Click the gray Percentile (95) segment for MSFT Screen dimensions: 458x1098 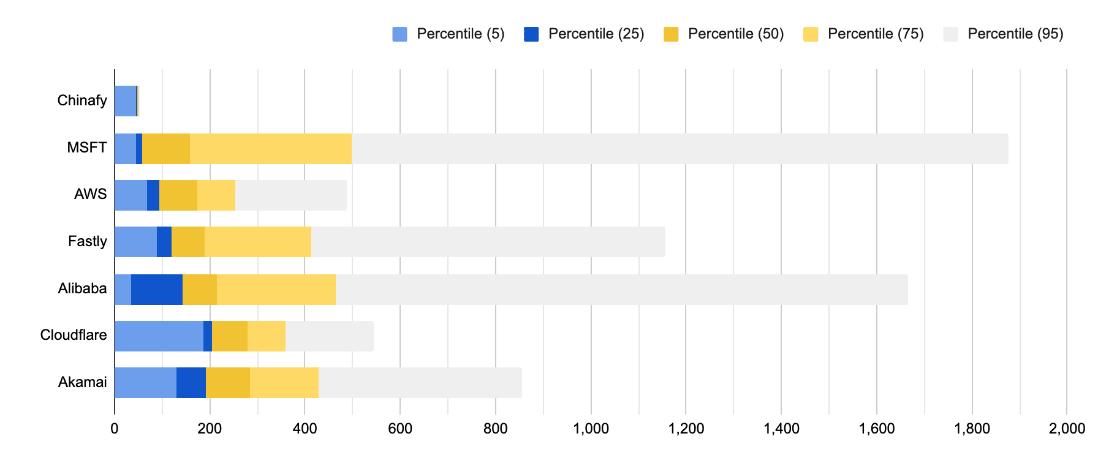click(x=680, y=149)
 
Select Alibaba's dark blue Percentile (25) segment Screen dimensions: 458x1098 click(x=157, y=290)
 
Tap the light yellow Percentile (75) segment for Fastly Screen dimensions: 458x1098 click(x=258, y=242)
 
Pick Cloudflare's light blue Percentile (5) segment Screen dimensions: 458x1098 click(x=159, y=336)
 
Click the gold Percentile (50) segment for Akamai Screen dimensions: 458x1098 click(x=228, y=383)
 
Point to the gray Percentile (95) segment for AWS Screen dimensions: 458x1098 click(x=291, y=195)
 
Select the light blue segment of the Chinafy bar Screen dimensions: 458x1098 click(x=125, y=101)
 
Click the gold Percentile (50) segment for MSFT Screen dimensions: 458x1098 click(x=166, y=149)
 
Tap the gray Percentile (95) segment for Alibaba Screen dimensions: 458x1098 click(x=621, y=290)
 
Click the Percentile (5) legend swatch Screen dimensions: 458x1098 click(x=399, y=34)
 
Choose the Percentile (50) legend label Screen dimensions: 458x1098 click(x=736, y=34)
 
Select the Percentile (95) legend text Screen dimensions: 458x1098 click(x=1015, y=34)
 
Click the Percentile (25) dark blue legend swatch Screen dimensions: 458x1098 click(x=531, y=34)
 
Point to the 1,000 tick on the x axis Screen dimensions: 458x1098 click(x=591, y=429)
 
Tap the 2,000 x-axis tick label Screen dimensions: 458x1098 click(x=1067, y=429)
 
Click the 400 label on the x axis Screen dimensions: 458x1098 click(x=305, y=429)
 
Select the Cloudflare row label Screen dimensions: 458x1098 click(x=74, y=335)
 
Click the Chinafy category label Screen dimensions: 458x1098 click(x=82, y=100)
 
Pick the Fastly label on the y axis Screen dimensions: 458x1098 click(x=88, y=241)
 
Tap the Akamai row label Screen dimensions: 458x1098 click(x=83, y=382)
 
